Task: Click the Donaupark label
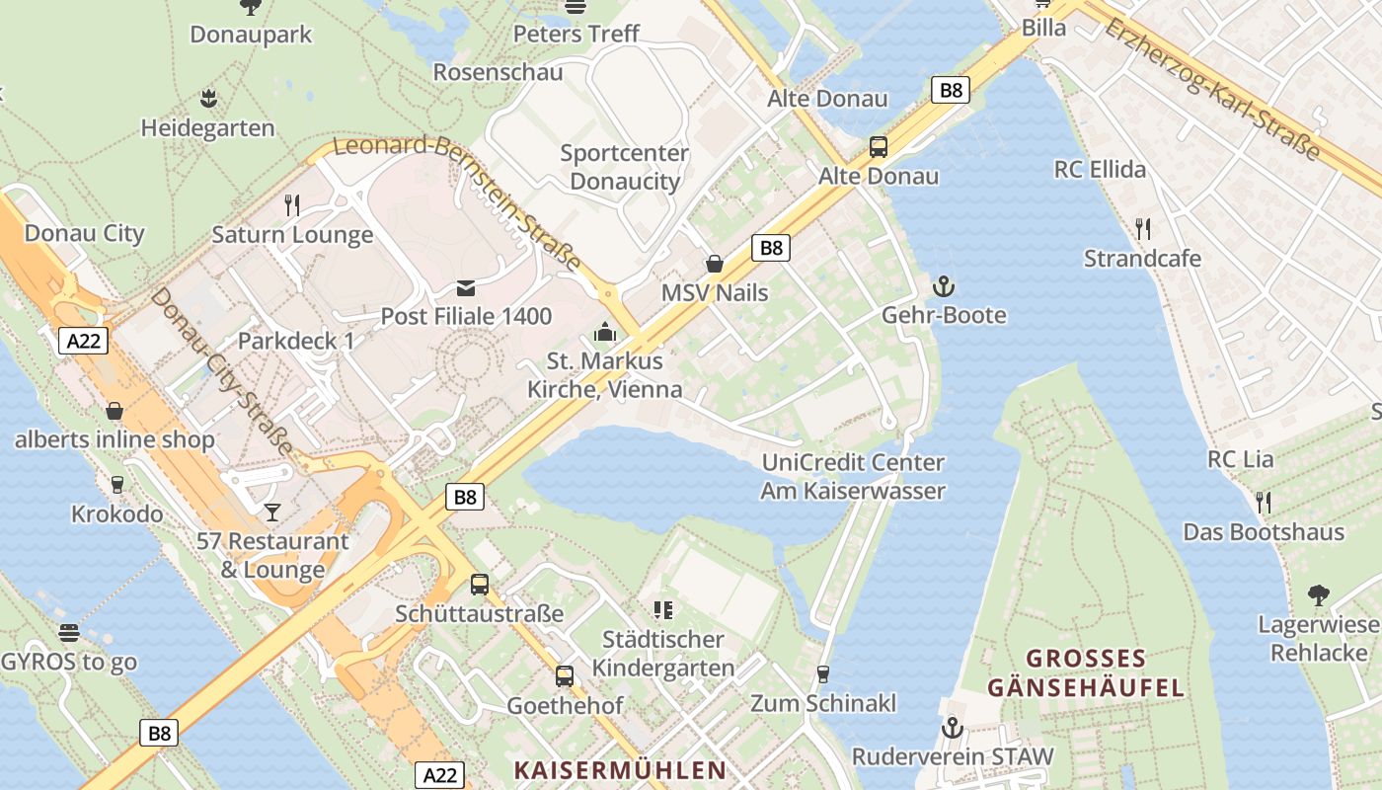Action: pos(251,35)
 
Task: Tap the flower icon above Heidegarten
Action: pos(208,98)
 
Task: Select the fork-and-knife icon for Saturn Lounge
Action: pos(292,204)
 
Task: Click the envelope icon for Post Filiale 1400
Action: pos(466,287)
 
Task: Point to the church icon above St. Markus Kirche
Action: pos(605,332)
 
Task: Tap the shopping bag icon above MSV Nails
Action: pos(715,264)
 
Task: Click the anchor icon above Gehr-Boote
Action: pos(944,286)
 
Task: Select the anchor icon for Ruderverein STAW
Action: pos(953,728)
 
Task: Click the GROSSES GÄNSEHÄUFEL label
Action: pos(1086,672)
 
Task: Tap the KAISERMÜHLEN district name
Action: pos(620,769)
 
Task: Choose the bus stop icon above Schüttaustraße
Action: pos(480,584)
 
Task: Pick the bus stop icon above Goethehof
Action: pos(565,676)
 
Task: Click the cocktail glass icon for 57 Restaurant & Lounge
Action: pos(272,512)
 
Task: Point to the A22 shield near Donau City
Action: pos(83,341)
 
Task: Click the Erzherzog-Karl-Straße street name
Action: pos(1213,88)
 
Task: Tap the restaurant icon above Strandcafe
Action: pos(1143,229)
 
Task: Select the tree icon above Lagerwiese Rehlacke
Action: pos(1318,595)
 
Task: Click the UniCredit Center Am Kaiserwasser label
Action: pos(853,476)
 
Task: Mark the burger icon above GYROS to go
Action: pos(68,632)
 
